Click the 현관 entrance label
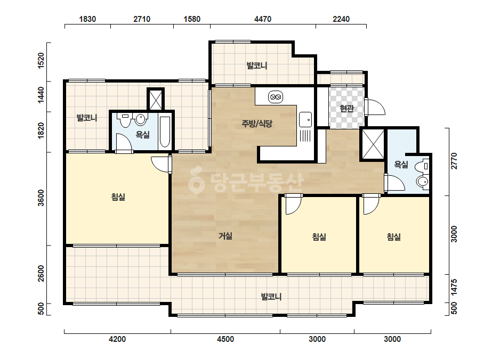point(346,109)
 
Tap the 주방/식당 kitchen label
point(257,124)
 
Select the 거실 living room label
point(225,235)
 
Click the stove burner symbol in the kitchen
point(276,97)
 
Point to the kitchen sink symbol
point(305,119)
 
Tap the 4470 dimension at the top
point(263,19)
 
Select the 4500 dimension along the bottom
point(225,339)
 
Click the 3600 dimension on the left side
point(41,198)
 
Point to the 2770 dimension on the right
point(454,161)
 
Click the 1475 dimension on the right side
point(454,287)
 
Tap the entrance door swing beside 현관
point(376,107)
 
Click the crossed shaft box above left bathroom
point(155,100)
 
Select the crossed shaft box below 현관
point(373,144)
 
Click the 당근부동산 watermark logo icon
point(196,181)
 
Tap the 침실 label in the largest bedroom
point(118,197)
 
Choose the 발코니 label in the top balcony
point(257,66)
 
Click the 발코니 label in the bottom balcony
point(271,296)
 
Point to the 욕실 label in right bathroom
point(401,164)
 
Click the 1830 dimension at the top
point(87,19)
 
